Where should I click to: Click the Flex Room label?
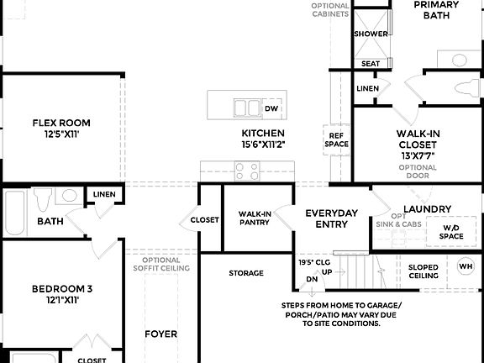(61, 123)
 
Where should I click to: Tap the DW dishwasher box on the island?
(271, 108)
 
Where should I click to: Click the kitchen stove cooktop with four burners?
(246, 171)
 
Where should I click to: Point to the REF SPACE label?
(336, 139)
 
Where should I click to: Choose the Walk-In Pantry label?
(254, 218)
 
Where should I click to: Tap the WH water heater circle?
(466, 268)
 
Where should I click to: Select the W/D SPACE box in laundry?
(450, 231)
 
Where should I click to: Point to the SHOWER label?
(371, 34)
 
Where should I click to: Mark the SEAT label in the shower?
(371, 64)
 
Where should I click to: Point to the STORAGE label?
(246, 273)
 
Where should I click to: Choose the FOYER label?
(160, 334)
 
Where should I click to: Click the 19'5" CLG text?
(313, 262)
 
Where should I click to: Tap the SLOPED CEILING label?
(423, 271)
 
